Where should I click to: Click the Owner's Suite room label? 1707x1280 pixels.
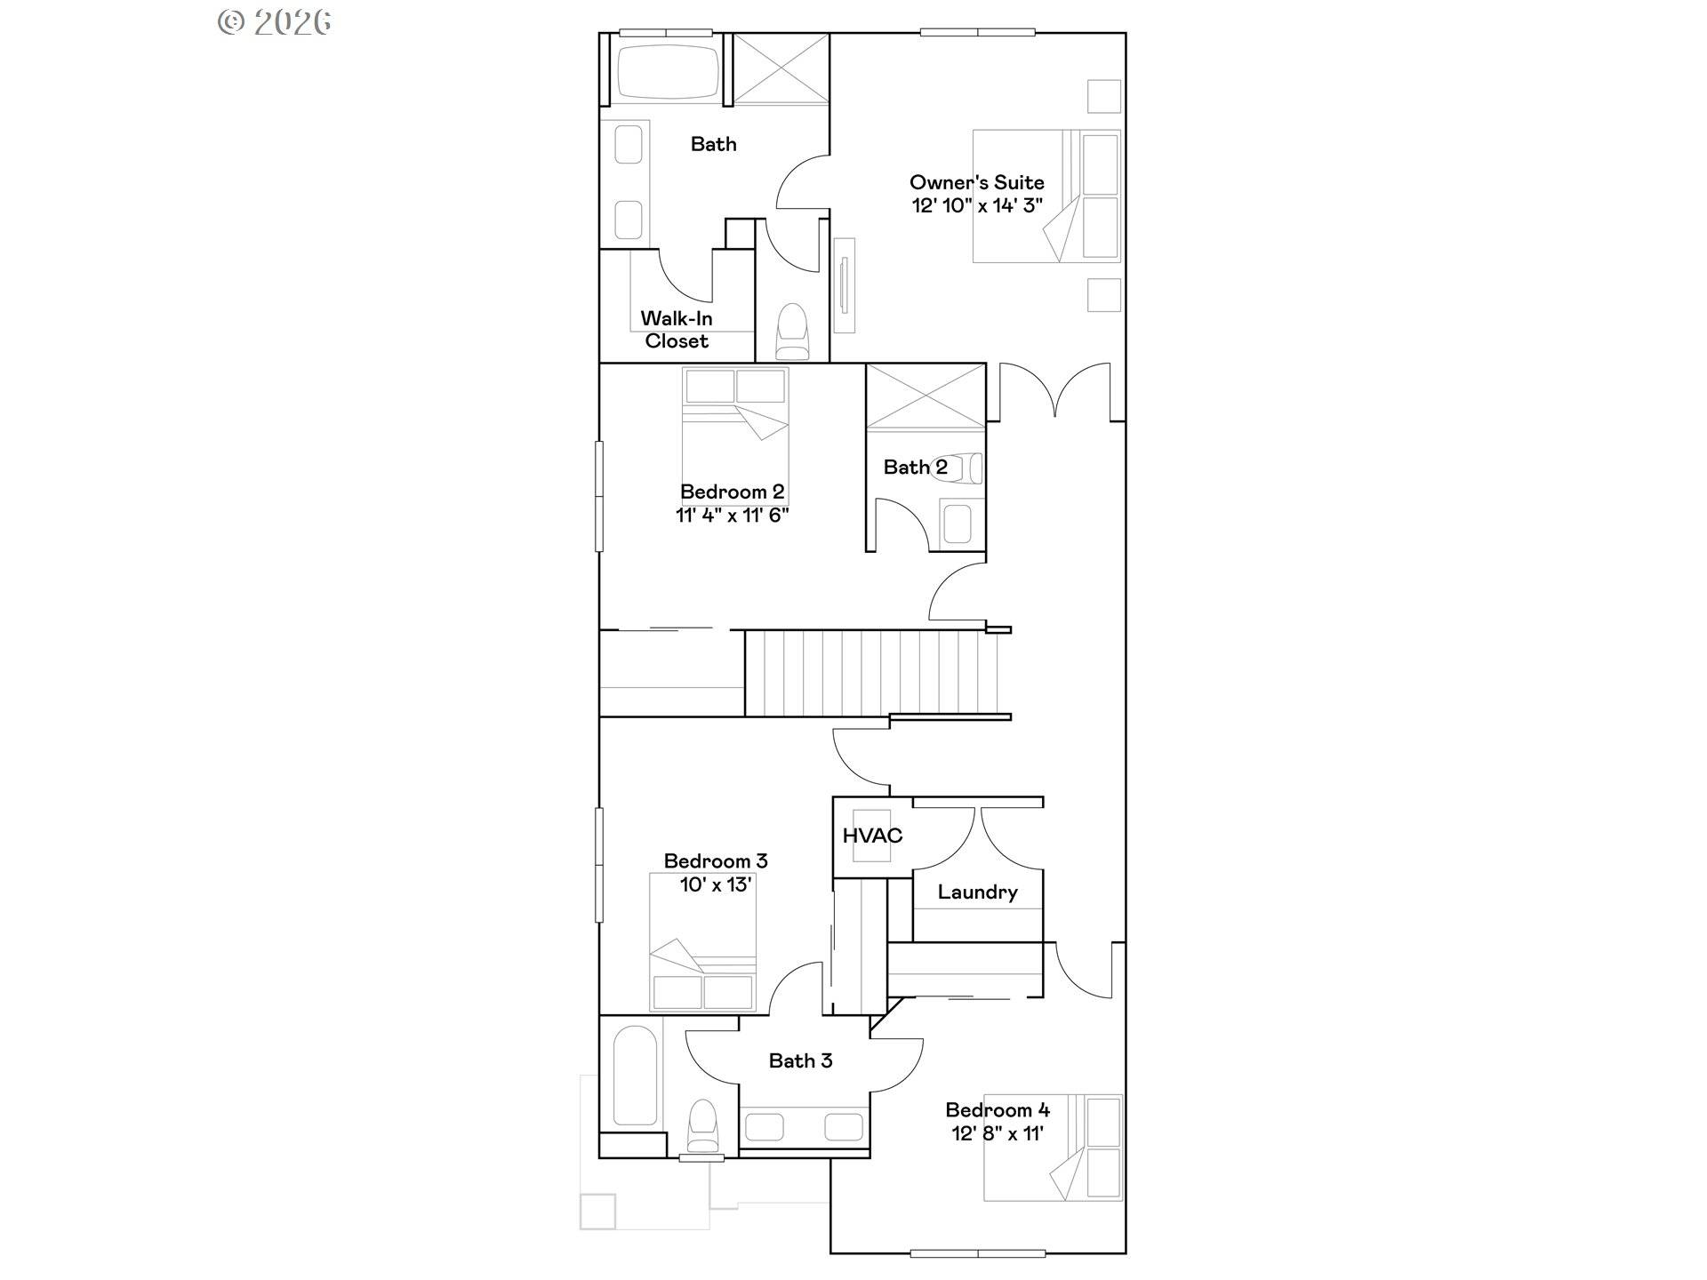point(976,182)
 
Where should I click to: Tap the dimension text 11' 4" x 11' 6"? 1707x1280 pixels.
point(732,515)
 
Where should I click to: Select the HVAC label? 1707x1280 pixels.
point(872,836)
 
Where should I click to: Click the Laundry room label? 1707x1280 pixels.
point(977,892)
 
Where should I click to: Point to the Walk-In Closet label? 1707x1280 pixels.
point(677,330)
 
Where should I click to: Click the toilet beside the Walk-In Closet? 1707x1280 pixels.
point(791,332)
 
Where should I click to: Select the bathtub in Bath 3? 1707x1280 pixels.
point(635,1076)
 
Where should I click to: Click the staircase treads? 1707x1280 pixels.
point(871,673)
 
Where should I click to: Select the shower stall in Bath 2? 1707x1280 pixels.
point(926,396)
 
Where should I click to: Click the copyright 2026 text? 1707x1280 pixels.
point(275,22)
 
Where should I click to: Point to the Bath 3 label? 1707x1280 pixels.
point(800,1060)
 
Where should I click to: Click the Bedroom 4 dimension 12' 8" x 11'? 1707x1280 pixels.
point(998,1133)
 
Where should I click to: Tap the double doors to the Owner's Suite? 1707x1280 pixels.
point(1055,391)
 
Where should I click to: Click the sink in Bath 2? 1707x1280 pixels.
point(958,524)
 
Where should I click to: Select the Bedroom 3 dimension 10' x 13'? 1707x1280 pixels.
point(716,884)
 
